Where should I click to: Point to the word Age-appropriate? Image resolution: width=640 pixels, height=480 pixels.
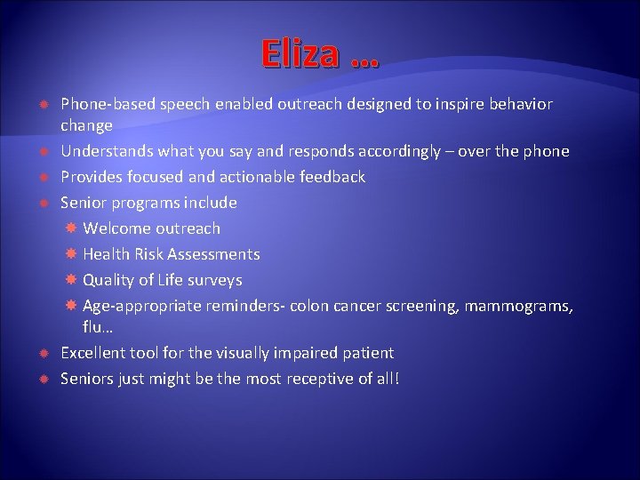click(x=141, y=306)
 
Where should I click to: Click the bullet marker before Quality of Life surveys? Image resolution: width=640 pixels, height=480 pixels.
click(x=72, y=280)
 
